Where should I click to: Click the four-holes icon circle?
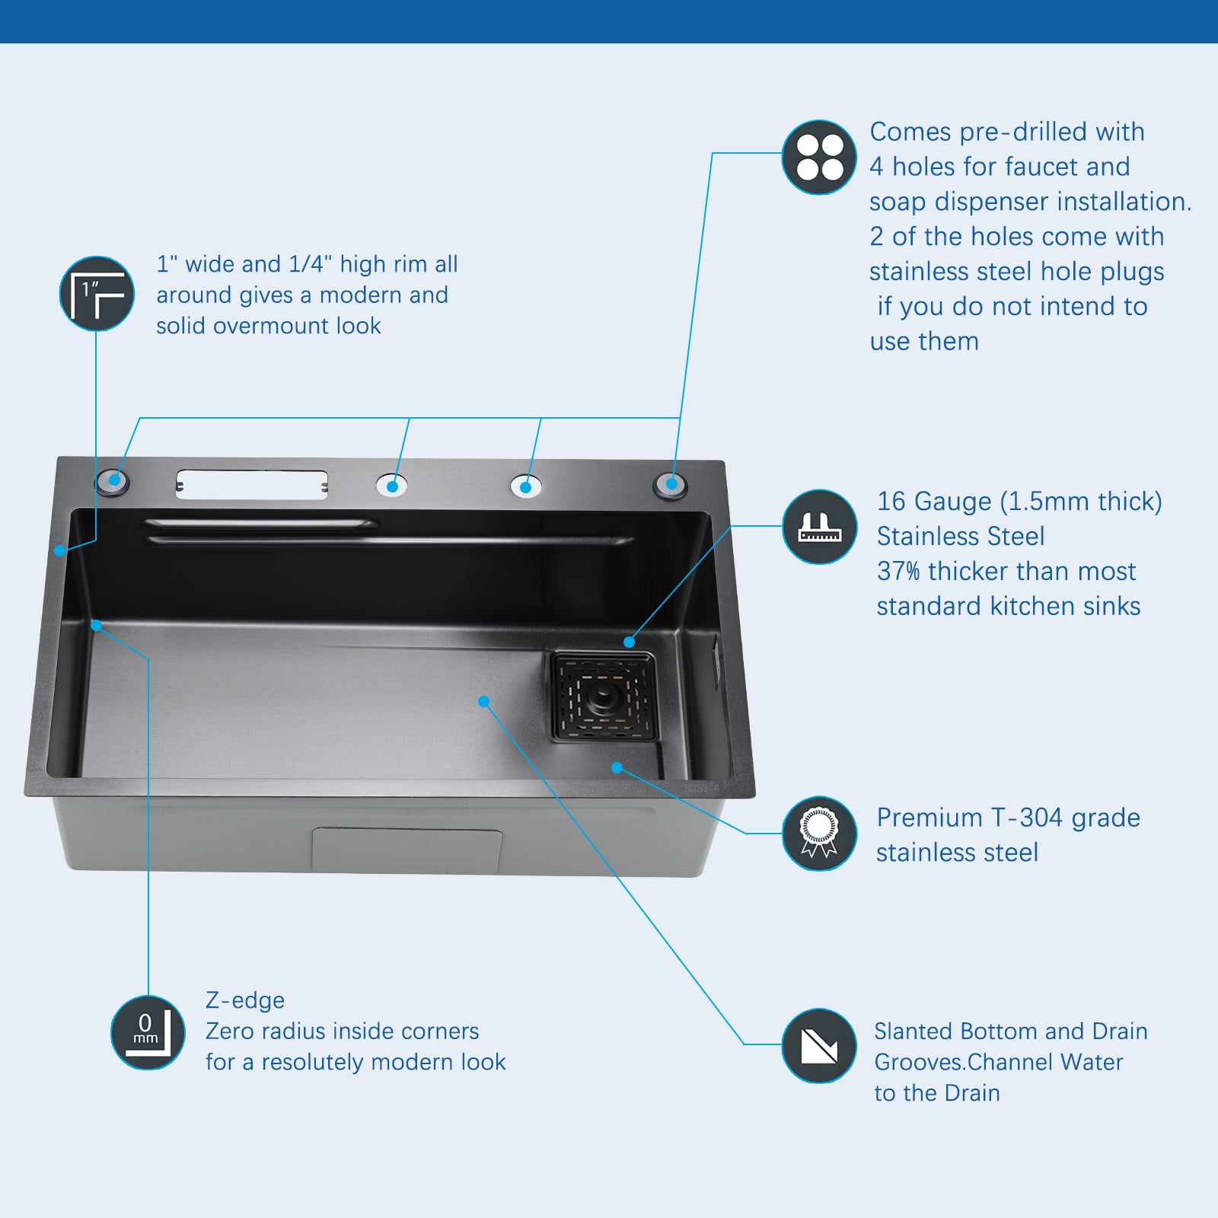(819, 157)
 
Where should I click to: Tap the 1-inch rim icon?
(97, 294)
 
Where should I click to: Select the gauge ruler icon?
(819, 527)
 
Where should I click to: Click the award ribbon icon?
(819, 834)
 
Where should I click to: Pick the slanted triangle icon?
(819, 1046)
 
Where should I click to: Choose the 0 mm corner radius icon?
(148, 1032)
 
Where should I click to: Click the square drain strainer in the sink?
(604, 697)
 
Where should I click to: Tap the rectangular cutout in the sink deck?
(252, 484)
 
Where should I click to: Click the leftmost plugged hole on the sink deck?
(113, 482)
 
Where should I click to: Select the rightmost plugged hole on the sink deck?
(671, 485)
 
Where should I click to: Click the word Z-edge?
(245, 1000)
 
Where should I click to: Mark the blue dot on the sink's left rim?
(60, 550)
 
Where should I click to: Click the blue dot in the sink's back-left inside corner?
(97, 626)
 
